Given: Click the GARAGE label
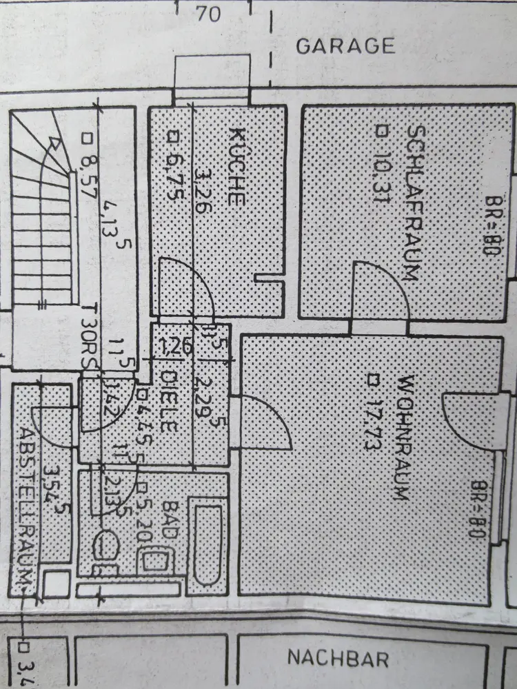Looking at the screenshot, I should [345, 46].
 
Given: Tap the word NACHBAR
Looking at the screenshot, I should [338, 658].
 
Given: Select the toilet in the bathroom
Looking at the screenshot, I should [107, 544].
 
